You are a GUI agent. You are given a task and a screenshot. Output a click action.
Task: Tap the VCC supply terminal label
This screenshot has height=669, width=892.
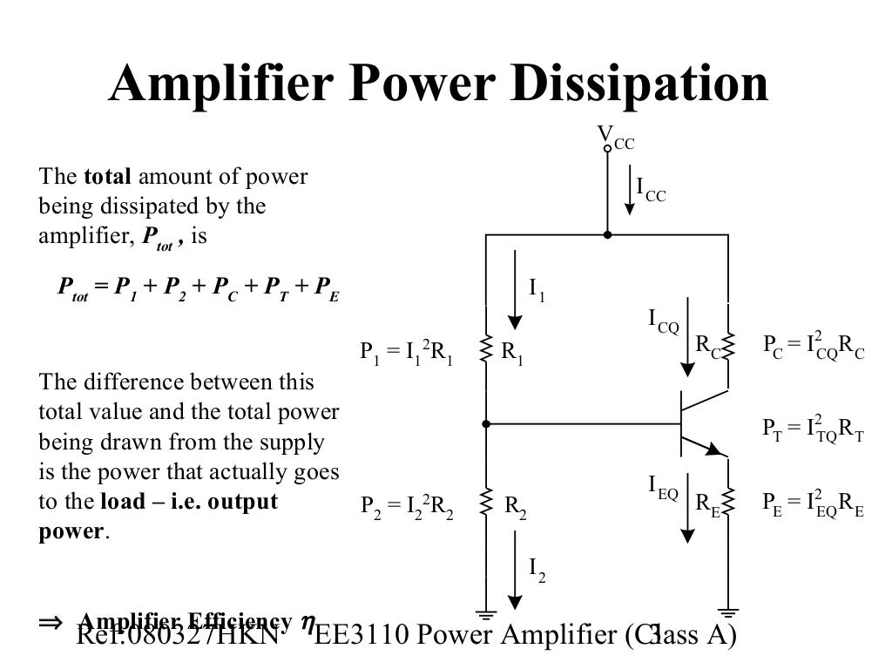(x=615, y=137)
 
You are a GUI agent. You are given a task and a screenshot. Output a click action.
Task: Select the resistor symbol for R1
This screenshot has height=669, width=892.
(x=486, y=351)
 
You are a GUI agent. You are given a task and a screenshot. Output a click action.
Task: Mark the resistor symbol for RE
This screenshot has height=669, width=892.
(x=729, y=503)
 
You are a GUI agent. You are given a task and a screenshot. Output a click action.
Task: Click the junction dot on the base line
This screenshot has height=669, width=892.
(x=486, y=424)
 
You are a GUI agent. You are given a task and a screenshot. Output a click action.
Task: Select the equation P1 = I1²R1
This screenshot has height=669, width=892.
(x=407, y=353)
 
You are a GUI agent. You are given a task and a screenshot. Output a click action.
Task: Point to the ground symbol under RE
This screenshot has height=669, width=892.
(x=729, y=613)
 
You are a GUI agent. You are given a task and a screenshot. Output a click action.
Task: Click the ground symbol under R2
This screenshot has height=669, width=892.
(x=486, y=613)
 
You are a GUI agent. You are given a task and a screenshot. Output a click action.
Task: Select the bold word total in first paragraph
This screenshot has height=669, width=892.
(x=107, y=178)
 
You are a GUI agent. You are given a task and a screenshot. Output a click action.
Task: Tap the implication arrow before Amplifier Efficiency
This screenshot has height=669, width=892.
(x=51, y=623)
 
